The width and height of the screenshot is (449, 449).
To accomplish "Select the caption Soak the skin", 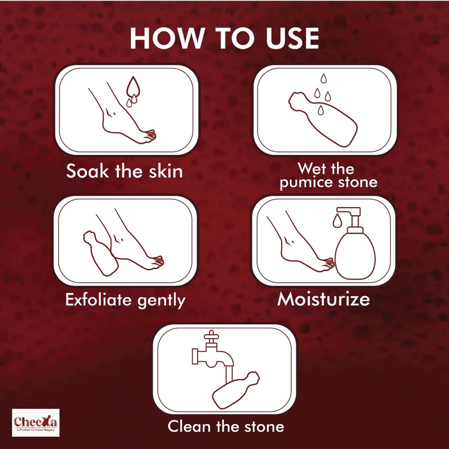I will coord(124,171).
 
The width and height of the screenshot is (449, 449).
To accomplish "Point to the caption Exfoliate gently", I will coord(125,300).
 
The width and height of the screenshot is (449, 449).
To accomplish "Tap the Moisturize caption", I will coord(324,299).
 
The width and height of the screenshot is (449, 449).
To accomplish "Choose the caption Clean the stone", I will coord(226,426).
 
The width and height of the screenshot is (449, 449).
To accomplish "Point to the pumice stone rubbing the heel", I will coord(100,253).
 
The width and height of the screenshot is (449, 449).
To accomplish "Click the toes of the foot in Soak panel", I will coord(149,135).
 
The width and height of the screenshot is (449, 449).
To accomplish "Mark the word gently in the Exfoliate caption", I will coord(161,301).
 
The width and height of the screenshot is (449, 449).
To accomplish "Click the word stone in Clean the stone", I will coord(259,426).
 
